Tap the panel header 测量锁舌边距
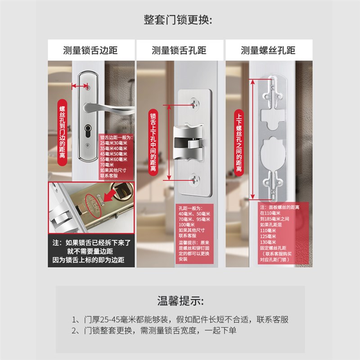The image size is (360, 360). tap(90, 50)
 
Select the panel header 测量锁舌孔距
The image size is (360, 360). tap(179, 50)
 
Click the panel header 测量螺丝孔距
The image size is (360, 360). tap(268, 50)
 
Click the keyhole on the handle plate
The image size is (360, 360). tap(89, 133)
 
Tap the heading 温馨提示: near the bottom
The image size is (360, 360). tap(180, 300)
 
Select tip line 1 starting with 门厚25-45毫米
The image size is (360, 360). tap(180, 319)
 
